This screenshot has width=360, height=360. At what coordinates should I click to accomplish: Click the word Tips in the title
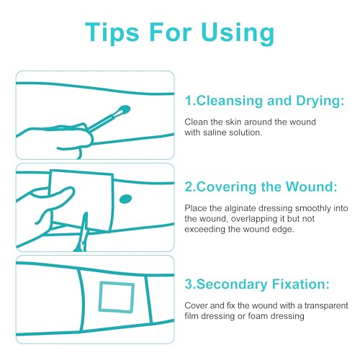[112, 32]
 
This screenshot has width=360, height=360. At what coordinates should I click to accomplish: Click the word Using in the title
[238, 32]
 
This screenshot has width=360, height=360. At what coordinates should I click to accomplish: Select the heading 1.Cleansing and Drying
[265, 101]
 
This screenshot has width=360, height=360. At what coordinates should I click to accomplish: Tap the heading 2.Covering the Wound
[261, 186]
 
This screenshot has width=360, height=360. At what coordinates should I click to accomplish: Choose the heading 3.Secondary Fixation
[257, 284]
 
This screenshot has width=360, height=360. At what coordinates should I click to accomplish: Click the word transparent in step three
[326, 306]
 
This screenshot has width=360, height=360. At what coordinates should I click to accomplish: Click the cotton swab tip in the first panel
[124, 110]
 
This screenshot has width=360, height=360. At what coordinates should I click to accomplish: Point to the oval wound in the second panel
[125, 199]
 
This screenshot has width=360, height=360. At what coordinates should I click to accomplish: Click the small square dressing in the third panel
[117, 297]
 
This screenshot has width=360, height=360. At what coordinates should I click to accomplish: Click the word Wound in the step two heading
[312, 186]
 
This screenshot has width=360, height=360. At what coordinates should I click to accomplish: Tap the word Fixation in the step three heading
[300, 284]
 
